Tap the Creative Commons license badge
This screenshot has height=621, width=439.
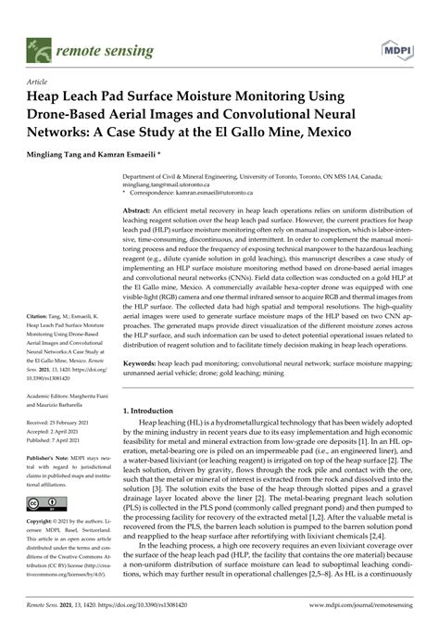42,504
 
